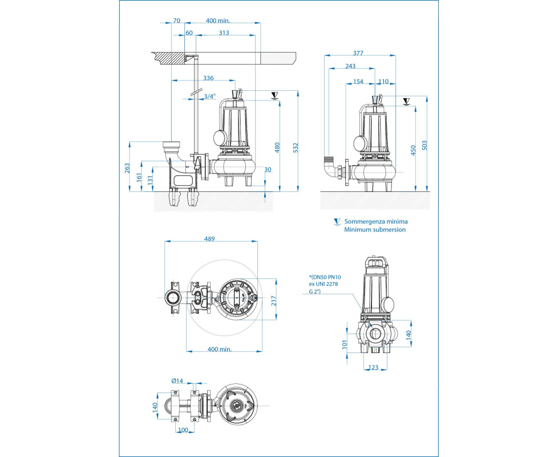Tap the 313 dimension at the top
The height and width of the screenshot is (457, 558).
pos(224,33)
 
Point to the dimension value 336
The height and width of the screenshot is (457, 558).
pos(208,78)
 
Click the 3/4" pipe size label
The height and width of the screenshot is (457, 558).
pos(210,96)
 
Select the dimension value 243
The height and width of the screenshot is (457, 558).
pos(351,66)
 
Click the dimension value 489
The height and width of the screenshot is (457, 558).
pos(209,239)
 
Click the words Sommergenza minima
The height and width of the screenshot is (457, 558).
pos(375,221)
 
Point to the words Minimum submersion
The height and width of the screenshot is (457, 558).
pos(374,229)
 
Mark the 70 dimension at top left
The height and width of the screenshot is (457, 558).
pos(176,21)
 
